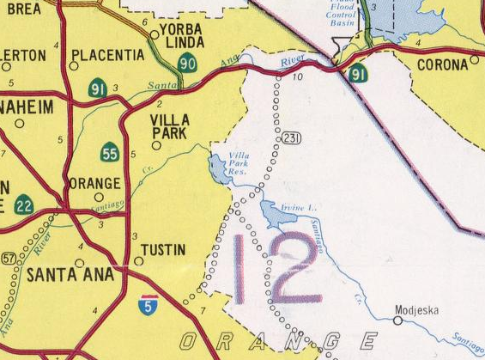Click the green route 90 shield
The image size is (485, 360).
pyautogui.click(x=187, y=62)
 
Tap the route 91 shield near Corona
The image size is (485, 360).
pyautogui.click(x=358, y=74)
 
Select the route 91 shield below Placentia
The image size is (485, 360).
pyautogui.click(x=98, y=87)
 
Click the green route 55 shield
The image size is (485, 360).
pyautogui.click(x=109, y=153)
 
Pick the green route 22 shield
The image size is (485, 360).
pyautogui.click(x=24, y=204)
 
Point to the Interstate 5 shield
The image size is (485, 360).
pyautogui.click(x=149, y=303)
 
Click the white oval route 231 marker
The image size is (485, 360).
pyautogui.click(x=290, y=138)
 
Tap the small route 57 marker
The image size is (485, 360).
pyautogui.click(x=9, y=258)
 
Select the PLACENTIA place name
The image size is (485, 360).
pyautogui.click(x=108, y=55)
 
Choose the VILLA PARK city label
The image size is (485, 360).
pyautogui.click(x=170, y=126)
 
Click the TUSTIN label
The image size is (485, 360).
pyautogui.click(x=163, y=250)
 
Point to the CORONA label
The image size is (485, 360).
pyautogui.click(x=442, y=64)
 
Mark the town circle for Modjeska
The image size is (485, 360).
pyautogui.click(x=397, y=320)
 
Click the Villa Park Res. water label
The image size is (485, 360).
pyautogui.click(x=238, y=163)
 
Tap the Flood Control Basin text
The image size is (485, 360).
pyautogui.click(x=343, y=15)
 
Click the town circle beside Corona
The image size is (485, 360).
pyautogui.click(x=475, y=61)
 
